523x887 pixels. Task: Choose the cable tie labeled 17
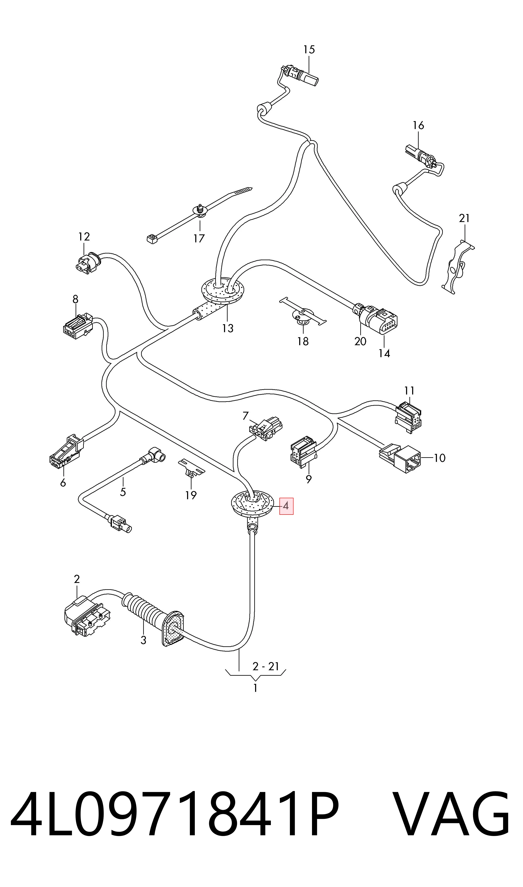pyautogui.click(x=199, y=214)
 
